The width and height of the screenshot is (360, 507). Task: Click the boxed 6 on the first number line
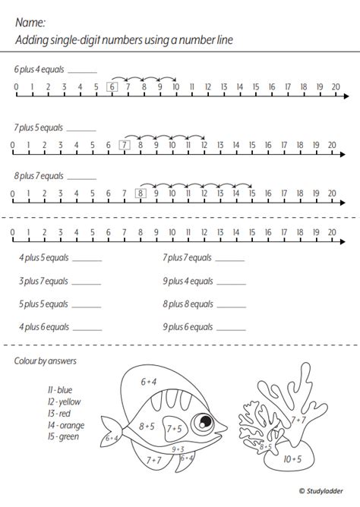point(112,87)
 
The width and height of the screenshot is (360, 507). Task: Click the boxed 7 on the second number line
point(125,145)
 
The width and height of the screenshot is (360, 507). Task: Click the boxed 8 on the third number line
point(141,194)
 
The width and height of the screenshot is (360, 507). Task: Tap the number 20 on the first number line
point(335,87)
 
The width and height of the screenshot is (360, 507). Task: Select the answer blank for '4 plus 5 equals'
point(87,259)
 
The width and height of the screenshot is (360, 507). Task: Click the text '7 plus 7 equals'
point(187,258)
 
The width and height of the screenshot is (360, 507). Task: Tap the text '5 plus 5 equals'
point(43,304)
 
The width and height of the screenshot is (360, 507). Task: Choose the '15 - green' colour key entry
point(64,437)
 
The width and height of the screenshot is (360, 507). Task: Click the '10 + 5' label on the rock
point(292,458)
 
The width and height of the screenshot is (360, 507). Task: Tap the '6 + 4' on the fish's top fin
point(149,383)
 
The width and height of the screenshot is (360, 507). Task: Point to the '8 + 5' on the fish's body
point(147,427)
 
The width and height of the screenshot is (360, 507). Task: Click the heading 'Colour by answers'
point(46,361)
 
